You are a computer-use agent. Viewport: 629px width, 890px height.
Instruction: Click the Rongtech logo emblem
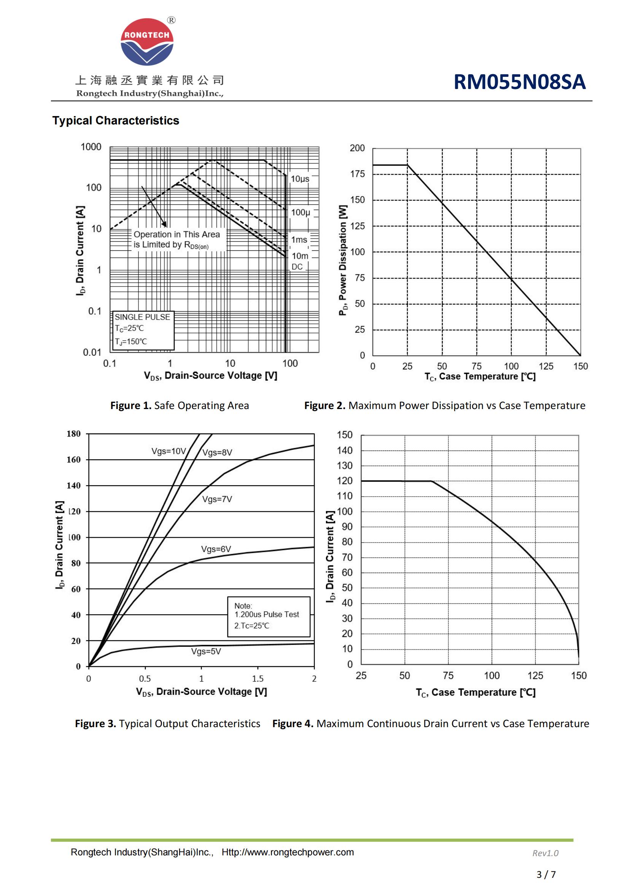point(147,42)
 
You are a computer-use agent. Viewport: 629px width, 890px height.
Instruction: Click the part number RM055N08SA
point(519,82)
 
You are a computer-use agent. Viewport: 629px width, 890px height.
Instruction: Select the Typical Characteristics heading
point(116,121)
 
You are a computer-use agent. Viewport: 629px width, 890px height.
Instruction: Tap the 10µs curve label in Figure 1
point(300,179)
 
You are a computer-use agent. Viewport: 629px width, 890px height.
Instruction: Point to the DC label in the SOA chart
point(297,267)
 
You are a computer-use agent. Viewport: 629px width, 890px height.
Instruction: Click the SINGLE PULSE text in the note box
point(142,317)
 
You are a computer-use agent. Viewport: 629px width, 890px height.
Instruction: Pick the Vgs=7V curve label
point(217,499)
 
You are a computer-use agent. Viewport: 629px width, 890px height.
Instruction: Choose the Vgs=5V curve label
point(206,651)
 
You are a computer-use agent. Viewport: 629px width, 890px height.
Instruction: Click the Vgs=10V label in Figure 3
point(168,451)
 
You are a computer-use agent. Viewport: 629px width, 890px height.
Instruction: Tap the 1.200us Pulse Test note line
point(267,615)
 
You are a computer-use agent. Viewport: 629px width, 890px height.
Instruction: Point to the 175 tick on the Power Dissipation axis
point(357,174)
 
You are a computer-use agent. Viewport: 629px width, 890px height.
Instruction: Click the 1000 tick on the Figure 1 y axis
point(91,147)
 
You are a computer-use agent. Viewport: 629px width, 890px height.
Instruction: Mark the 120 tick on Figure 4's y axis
point(345,481)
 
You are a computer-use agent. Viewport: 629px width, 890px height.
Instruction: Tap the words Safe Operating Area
point(202,406)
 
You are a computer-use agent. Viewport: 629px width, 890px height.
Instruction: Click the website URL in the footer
point(288,852)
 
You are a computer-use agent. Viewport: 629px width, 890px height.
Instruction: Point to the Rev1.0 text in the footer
point(545,853)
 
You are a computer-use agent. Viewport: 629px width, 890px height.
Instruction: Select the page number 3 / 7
point(546,874)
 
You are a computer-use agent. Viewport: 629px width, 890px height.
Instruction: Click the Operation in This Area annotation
point(176,234)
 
